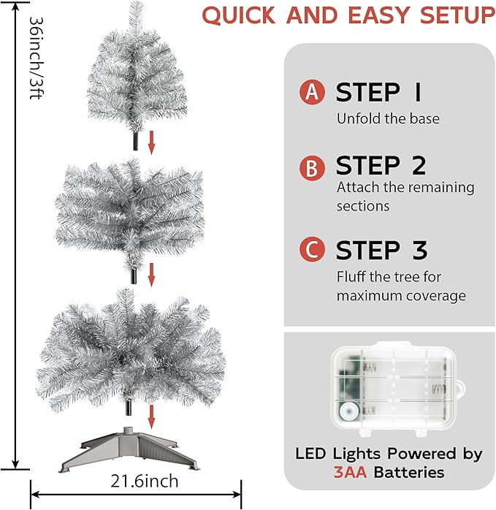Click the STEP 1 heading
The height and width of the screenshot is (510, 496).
pyautogui.click(x=378, y=93)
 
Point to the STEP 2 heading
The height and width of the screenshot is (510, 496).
pyautogui.click(x=381, y=167)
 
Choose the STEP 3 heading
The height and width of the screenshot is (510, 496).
pyautogui.click(x=381, y=250)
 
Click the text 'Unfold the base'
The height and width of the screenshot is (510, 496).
pyautogui.click(x=387, y=118)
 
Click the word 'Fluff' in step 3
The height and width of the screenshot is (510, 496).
pyautogui.click(x=352, y=277)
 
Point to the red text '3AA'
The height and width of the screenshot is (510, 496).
pyautogui.click(x=351, y=472)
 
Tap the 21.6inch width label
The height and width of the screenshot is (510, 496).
pyautogui.click(x=145, y=482)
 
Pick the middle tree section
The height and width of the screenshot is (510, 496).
pyautogui.click(x=131, y=211)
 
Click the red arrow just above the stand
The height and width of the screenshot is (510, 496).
pyautogui.click(x=152, y=416)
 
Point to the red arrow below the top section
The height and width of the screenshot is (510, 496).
pyautogui.click(x=152, y=142)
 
